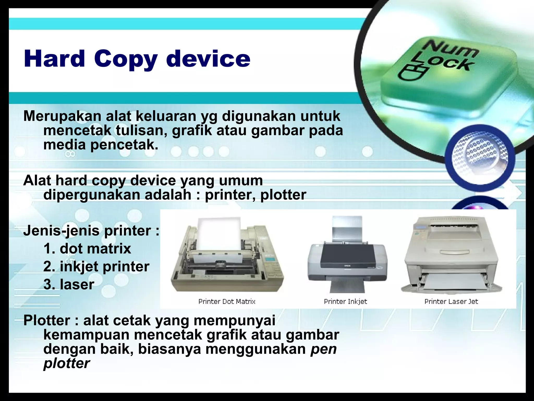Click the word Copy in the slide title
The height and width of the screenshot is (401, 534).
[125, 59]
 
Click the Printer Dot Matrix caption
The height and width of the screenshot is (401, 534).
[227, 302]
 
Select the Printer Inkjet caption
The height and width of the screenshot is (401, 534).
[345, 302]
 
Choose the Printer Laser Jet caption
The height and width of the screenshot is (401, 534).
[451, 302]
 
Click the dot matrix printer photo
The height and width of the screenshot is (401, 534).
[227, 257]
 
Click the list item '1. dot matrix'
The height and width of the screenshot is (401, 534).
[87, 248]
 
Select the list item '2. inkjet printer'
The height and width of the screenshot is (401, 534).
[96, 267]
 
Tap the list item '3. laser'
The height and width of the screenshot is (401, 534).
[69, 284]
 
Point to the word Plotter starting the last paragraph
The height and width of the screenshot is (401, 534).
[47, 320]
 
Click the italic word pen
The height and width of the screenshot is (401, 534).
[324, 349]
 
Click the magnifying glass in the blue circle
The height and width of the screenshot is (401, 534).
[480, 157]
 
